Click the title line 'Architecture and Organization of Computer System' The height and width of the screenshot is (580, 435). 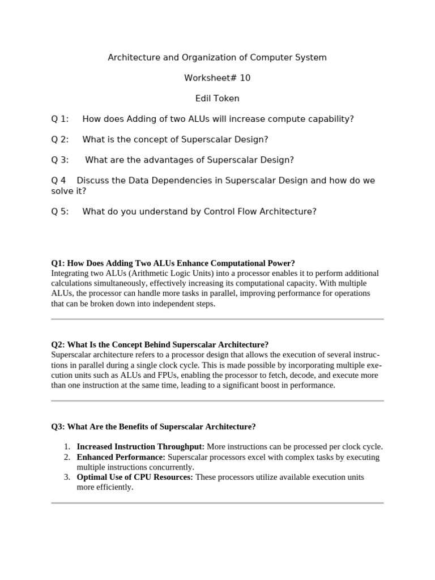point(217,58)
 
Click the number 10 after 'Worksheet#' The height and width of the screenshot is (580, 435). point(245,78)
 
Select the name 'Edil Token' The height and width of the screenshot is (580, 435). point(217,99)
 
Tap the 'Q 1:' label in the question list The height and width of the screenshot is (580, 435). point(59,119)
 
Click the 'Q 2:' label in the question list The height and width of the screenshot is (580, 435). point(59,139)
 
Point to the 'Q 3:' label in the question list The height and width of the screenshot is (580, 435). point(59,160)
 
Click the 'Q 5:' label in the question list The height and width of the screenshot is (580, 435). point(59,211)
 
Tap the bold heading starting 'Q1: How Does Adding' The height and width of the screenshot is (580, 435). point(173,263)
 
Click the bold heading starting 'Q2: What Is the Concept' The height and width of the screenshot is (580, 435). point(160,345)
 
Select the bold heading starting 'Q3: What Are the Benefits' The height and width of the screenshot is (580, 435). point(153,427)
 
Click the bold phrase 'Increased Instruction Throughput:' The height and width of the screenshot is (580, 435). point(140,447)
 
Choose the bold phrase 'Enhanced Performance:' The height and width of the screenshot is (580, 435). point(121,457)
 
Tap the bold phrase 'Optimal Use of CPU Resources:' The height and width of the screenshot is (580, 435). point(135,477)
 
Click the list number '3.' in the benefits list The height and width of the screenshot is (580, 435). point(67,477)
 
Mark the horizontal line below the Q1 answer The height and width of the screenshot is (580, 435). point(217,319)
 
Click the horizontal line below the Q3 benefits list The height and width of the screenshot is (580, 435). point(217,503)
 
